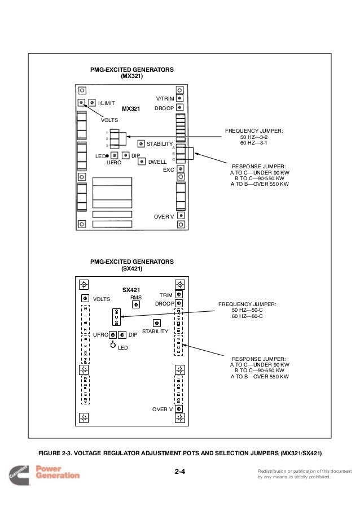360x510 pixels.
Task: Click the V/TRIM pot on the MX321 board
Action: coord(179,97)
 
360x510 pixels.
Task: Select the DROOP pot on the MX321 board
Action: coord(179,107)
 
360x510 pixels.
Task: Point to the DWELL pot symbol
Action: coord(141,160)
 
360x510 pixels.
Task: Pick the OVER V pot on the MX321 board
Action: coord(180,215)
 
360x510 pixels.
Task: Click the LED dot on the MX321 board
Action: coord(107,155)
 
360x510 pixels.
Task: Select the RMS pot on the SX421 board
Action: coord(136,304)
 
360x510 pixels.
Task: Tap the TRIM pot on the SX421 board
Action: coord(179,294)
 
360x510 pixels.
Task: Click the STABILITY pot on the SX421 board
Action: coord(156,323)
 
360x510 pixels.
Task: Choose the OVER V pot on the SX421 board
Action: coord(179,409)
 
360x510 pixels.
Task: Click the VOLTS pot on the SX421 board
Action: coord(85,298)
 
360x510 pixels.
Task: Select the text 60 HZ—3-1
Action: coord(254,143)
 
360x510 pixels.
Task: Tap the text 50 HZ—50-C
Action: coord(247,310)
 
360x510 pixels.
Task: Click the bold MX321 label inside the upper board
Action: coord(130,108)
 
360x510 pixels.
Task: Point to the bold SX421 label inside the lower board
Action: coord(131,290)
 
